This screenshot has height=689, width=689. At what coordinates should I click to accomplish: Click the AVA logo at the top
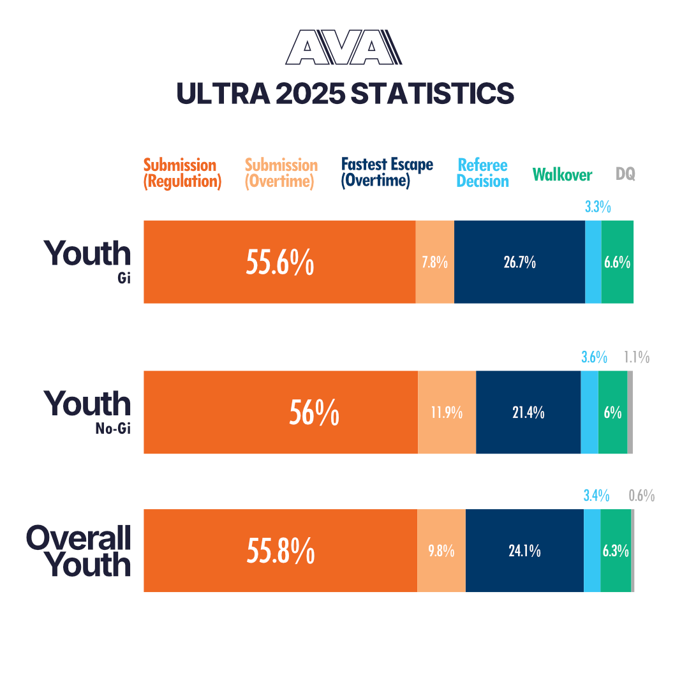coord(344,48)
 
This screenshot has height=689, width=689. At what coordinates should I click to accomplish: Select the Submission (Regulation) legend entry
coord(182,173)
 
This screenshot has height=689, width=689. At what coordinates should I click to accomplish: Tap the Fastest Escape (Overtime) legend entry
coord(387,172)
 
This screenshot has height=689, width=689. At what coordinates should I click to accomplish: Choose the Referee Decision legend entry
coord(483,173)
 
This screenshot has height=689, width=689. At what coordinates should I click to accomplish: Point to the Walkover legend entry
coord(562,175)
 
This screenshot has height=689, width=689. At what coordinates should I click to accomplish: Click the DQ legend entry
coord(625,174)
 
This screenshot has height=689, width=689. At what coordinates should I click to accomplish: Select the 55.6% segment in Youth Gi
coord(279,262)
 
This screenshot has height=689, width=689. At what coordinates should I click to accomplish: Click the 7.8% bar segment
coord(434,262)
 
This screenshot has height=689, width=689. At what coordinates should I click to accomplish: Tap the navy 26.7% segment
coord(519,262)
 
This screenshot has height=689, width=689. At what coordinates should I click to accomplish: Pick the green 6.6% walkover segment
coord(617,262)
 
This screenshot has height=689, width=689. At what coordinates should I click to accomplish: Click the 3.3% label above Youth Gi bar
coord(598,207)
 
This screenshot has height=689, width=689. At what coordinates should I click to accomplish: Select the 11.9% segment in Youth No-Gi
coord(447,412)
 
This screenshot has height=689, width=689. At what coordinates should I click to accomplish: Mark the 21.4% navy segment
coord(528,412)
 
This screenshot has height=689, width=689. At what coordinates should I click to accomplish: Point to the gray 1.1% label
coord(637,357)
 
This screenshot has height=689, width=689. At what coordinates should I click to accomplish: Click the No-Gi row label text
coord(112,429)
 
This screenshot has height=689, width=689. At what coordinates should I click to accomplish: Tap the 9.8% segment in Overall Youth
coord(441,551)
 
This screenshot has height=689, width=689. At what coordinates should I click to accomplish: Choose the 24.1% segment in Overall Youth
coord(524,551)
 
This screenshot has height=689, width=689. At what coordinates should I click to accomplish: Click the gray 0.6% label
coord(641,496)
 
